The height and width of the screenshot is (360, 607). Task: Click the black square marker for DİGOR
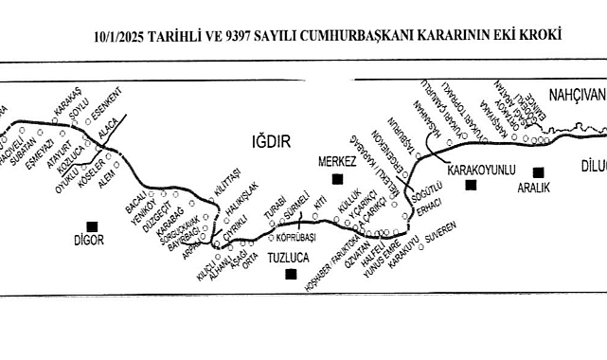pyautogui.click(x=91, y=225)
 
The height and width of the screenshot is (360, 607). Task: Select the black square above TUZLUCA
pyautogui.click(x=290, y=274)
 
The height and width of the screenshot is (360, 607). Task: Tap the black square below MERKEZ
pyautogui.click(x=336, y=178)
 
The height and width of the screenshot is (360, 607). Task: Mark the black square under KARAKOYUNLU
pyautogui.click(x=471, y=185)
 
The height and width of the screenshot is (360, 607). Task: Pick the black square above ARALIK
pyautogui.click(x=538, y=172)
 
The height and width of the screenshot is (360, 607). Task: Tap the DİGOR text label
pyautogui.click(x=92, y=241)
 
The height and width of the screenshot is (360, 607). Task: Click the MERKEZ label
pyautogui.click(x=336, y=162)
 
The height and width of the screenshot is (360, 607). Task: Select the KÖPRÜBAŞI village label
pyautogui.click(x=295, y=239)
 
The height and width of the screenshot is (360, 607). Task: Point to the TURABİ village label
pyautogui.click(x=274, y=211)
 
